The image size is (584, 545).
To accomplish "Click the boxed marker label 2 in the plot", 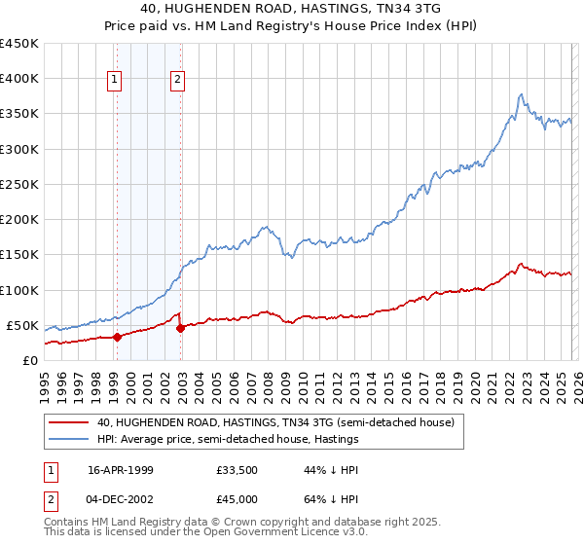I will coord(179,81).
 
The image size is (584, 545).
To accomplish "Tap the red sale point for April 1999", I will coord(117,338).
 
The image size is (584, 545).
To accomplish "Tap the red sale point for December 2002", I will coord(180,329).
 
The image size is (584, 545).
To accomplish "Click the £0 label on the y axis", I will coord(29,360).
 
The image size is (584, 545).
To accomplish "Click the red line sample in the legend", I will coord(69,423).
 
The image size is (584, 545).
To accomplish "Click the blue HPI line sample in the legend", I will coord(69,440).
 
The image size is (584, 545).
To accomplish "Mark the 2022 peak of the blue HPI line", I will coord(522,94).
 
